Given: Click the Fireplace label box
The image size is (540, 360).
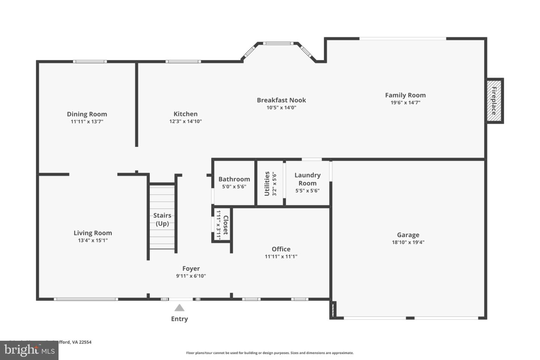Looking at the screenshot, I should pyautogui.click(x=494, y=100).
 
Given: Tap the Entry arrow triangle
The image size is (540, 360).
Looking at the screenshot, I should pyautogui.click(x=179, y=308).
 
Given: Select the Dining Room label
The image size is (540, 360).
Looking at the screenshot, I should pyautogui.click(x=87, y=114).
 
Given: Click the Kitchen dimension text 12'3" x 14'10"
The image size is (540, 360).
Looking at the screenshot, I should pyautogui.click(x=185, y=121).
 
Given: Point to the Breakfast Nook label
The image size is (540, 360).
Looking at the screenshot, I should pyautogui.click(x=281, y=100).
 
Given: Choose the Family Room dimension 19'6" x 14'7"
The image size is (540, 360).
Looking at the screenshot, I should pyautogui.click(x=405, y=102).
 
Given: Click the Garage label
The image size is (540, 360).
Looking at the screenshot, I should pyautogui.click(x=408, y=235).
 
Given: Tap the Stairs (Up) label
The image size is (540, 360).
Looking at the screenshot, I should pyautogui.click(x=162, y=219).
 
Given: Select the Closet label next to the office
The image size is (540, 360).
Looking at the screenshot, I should pyautogui.click(x=226, y=225).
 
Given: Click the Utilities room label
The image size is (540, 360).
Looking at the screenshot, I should pyautogui.click(x=267, y=184).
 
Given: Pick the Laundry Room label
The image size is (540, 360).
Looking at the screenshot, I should pyautogui.click(x=307, y=179).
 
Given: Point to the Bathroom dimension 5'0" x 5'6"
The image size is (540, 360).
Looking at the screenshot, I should pyautogui.click(x=234, y=187).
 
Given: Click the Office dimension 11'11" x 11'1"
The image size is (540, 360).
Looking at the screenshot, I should pyautogui.click(x=281, y=256).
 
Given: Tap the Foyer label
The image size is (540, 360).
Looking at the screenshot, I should pyautogui.click(x=191, y=268).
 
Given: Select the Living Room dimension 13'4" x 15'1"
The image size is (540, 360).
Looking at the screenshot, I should pyautogui.click(x=93, y=240).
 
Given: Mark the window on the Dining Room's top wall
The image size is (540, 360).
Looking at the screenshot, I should pyautogui.click(x=90, y=61).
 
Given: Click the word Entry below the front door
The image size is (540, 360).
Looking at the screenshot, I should pyautogui.click(x=179, y=319).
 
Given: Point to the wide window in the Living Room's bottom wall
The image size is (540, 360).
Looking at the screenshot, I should pyautogui.click(x=86, y=299).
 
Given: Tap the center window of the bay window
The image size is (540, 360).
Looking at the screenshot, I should pyautogui.click(x=278, y=43).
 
